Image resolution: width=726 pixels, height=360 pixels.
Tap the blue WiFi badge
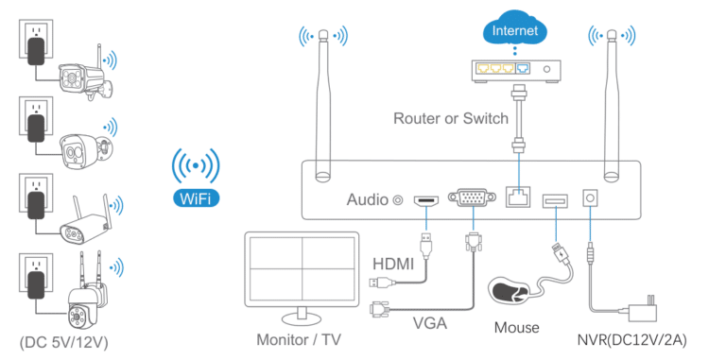point(196,198)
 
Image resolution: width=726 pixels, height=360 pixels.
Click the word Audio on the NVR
point(368,199)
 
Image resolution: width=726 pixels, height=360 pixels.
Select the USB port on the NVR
point(554,199)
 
